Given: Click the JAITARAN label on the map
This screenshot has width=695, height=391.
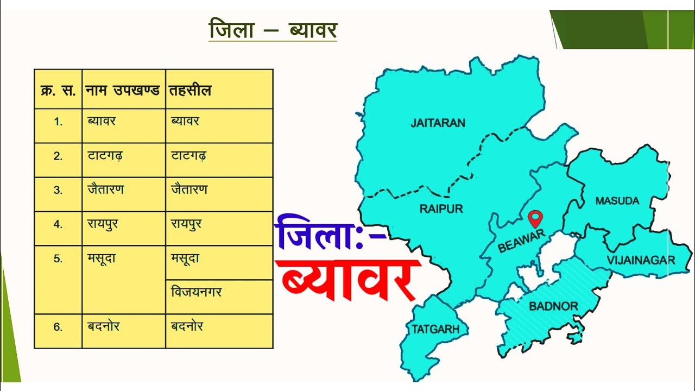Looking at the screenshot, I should [x=438, y=123].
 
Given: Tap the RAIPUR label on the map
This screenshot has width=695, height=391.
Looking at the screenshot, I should [x=441, y=209].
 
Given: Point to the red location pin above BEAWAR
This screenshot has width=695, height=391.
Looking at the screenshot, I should [x=535, y=218].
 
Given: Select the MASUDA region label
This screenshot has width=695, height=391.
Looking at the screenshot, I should [x=617, y=201].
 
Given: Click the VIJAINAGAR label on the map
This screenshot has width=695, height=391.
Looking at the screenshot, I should [x=641, y=260].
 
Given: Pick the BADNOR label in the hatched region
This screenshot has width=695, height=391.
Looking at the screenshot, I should [x=553, y=306].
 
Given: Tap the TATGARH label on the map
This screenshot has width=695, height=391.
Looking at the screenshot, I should [x=435, y=329].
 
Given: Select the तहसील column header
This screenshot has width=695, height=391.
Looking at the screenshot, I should [x=190, y=90].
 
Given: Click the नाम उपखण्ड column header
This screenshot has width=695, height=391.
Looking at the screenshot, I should [x=124, y=90].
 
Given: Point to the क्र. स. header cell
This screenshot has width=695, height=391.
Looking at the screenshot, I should [x=58, y=90].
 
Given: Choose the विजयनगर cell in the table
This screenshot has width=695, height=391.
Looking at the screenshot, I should [x=196, y=293].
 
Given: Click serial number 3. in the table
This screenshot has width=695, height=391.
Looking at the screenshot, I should [x=58, y=190].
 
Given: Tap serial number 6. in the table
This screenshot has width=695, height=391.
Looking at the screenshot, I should [x=58, y=327].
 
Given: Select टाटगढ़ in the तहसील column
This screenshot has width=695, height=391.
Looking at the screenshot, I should [x=188, y=156].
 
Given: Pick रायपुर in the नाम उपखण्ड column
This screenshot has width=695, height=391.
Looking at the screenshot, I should [x=103, y=224].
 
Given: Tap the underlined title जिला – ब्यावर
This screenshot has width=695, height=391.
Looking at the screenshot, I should [x=273, y=29].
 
